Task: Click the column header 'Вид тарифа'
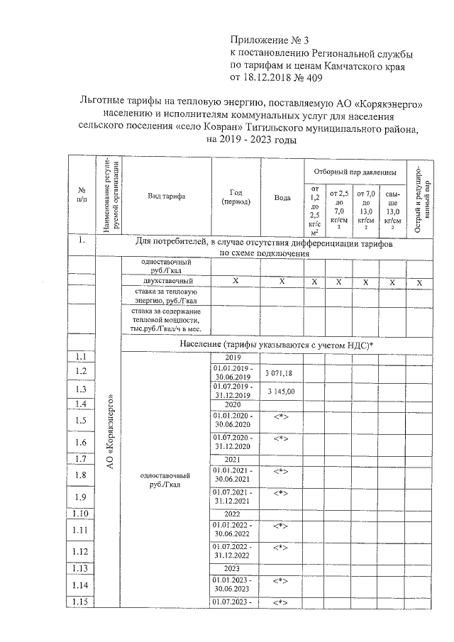(166, 197)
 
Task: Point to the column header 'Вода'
(282, 197)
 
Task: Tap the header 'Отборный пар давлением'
(353, 172)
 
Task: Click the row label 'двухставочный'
(165, 282)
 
